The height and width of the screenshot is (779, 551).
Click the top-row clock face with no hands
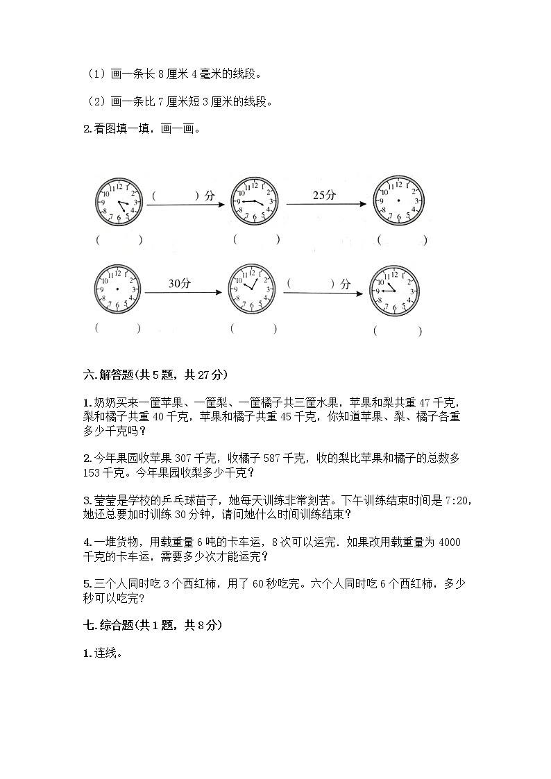[398, 200]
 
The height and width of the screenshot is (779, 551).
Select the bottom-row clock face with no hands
[117, 288]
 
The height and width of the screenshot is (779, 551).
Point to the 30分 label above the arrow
[179, 282]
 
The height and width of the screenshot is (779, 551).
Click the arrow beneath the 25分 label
[325, 204]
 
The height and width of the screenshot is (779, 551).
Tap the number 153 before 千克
[92, 472]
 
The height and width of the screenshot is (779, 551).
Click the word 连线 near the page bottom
[106, 653]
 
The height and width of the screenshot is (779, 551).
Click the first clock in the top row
[117, 201]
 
